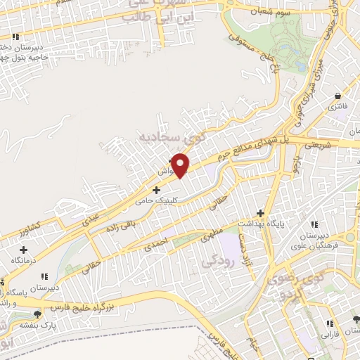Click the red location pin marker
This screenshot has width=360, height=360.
pyautogui.click(x=181, y=165)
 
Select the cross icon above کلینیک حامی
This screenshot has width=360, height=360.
pyautogui.click(x=155, y=190)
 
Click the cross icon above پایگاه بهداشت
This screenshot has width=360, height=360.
pyautogui.click(x=261, y=212)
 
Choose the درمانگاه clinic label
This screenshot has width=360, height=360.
pyautogui.click(x=23, y=260)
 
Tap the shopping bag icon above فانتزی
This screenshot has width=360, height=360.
pyautogui.click(x=338, y=96)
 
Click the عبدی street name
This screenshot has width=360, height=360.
pyautogui.click(x=92, y=219)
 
